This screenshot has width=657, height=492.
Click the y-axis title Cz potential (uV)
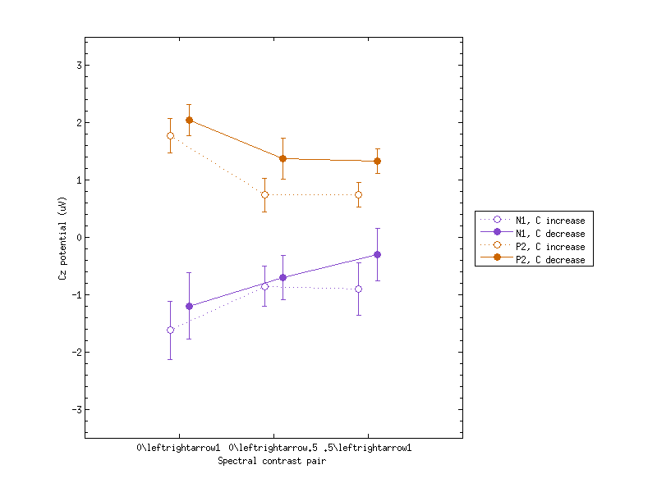pos(62,238)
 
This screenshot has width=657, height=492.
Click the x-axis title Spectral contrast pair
pos(273,462)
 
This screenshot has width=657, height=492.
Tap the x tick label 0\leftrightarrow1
pos(179,449)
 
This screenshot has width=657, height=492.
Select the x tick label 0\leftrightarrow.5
pos(273,449)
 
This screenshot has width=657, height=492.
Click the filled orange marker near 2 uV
pos(189,120)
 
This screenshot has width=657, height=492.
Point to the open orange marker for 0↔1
pos(170,135)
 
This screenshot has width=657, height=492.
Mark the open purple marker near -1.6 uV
pos(170,330)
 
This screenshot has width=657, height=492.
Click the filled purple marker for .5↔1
pos(377,254)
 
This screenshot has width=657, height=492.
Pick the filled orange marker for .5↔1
pos(377,161)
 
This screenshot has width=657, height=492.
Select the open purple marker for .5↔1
pos(358,289)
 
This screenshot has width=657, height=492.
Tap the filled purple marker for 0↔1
pos(189,306)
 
